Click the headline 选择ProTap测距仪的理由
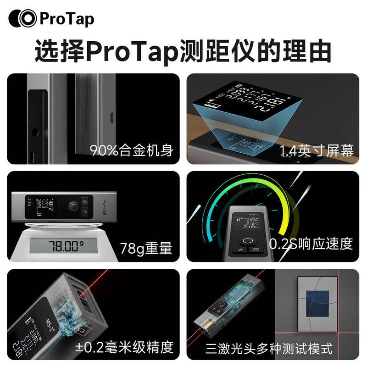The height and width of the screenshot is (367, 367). click(x=183, y=51)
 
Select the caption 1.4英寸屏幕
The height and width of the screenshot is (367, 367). click(x=316, y=150)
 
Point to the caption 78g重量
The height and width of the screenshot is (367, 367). click(x=146, y=248)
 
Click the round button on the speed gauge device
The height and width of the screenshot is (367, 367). click(x=248, y=242)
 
